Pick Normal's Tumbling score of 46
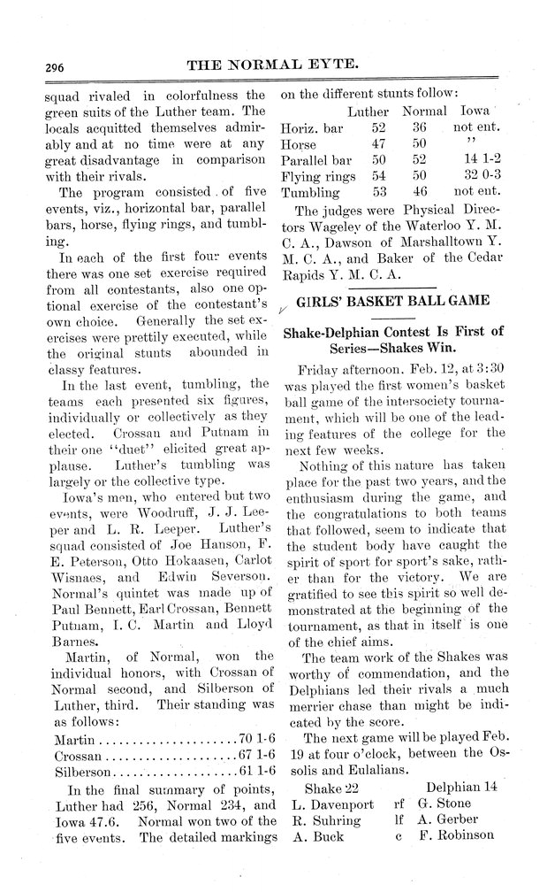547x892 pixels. tap(419, 192)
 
